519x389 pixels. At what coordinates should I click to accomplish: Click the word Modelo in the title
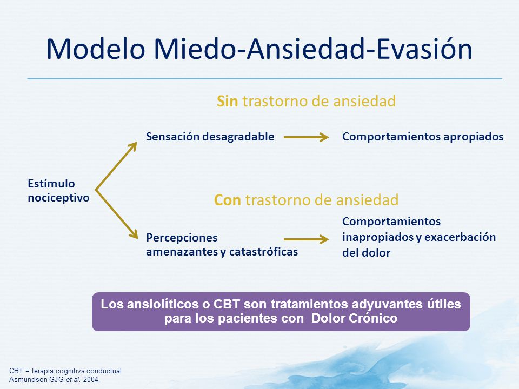(x=96, y=49)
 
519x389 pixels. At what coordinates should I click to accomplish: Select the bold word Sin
(x=227, y=101)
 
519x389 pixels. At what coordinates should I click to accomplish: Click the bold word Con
(x=228, y=200)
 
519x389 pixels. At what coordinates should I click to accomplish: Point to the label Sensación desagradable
(x=210, y=137)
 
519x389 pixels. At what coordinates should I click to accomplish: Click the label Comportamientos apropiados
(x=423, y=137)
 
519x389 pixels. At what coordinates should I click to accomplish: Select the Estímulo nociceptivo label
(x=58, y=191)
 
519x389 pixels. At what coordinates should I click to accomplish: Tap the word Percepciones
(x=182, y=238)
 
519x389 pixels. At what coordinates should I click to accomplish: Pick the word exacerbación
(x=460, y=237)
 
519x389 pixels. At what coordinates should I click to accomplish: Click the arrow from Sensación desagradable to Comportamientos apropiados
(x=306, y=137)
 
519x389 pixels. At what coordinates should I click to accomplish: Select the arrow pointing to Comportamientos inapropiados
(x=306, y=239)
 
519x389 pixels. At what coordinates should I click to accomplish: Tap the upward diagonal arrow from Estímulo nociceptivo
(x=116, y=166)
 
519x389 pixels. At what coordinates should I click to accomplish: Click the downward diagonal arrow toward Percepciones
(x=117, y=214)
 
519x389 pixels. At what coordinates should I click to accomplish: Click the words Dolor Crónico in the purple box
(x=354, y=318)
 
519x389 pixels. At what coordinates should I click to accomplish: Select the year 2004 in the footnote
(x=91, y=380)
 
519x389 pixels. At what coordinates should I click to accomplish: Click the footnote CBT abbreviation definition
(x=65, y=371)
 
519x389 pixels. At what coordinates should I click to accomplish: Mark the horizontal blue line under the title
(x=265, y=79)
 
